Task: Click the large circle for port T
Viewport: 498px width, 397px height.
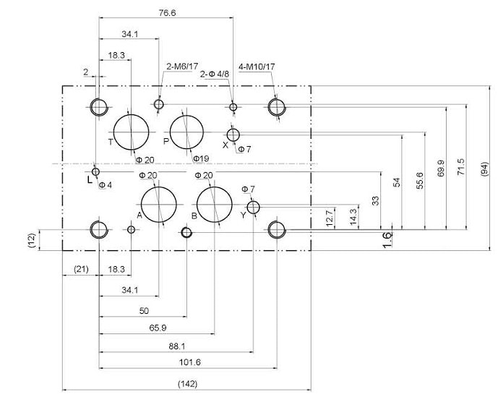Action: [113, 132]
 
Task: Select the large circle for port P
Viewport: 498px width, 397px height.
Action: [171, 132]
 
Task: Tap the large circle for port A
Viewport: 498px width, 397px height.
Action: [141, 205]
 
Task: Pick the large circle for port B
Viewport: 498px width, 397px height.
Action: [197, 205]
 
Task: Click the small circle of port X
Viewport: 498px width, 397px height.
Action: [228, 135]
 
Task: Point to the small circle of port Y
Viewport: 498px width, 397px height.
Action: [247, 208]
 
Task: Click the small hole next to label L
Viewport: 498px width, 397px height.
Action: [92, 172]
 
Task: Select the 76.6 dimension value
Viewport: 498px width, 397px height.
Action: [167, 13]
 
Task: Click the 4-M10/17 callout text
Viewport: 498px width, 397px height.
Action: [257, 67]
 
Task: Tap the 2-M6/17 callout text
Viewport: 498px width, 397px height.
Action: [182, 66]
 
